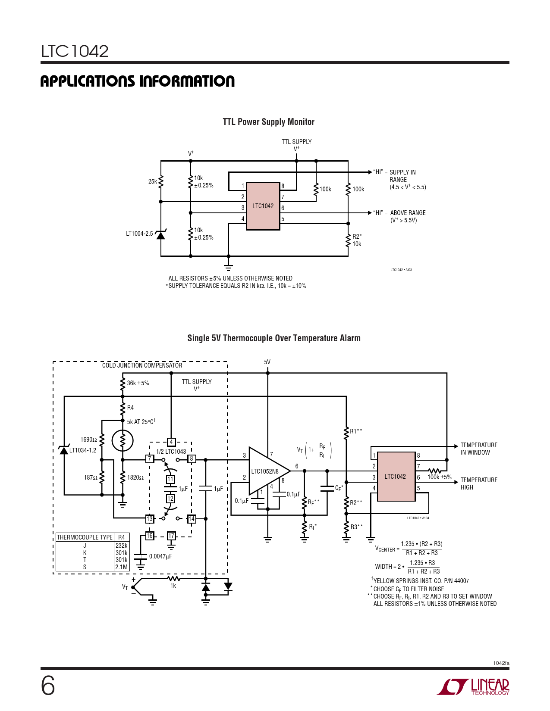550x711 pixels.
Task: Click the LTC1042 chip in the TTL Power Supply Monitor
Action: (263, 206)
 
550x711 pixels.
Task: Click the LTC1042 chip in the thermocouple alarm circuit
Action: (396, 476)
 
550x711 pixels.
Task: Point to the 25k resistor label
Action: (153, 181)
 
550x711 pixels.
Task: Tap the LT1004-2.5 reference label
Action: (139, 234)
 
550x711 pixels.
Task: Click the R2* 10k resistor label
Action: (357, 240)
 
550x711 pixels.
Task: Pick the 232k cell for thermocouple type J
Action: (121, 546)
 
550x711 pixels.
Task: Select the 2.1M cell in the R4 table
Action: (121, 567)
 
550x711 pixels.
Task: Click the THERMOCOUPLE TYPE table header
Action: (85, 537)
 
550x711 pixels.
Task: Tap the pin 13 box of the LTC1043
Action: (150, 519)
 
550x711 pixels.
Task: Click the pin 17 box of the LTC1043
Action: (171, 536)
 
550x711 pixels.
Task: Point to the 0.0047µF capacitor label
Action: (160, 556)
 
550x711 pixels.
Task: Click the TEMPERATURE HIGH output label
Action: (479, 483)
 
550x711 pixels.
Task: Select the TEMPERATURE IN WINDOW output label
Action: (479, 449)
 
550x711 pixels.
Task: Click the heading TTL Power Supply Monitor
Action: (268, 122)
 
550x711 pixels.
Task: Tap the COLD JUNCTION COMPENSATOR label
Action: (142, 365)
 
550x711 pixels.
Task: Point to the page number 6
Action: (48, 686)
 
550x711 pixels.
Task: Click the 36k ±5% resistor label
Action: (138, 383)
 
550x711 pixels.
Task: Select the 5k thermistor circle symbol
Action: (123, 440)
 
